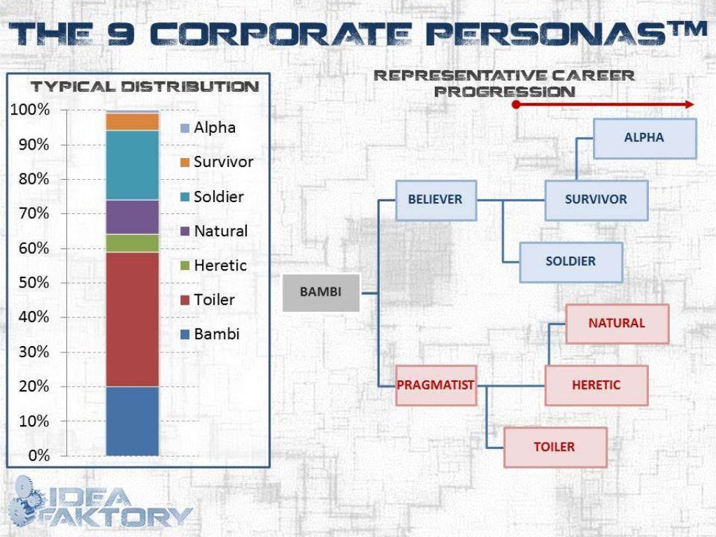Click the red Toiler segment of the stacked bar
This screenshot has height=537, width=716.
132,319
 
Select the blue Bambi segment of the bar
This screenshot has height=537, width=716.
132,421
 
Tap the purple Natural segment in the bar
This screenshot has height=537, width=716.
132,217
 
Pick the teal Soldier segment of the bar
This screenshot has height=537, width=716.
132,165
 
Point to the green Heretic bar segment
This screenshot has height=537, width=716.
132,243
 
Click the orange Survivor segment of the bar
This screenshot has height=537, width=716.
132,122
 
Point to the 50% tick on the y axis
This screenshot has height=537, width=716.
29,283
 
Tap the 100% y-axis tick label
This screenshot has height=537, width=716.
29,110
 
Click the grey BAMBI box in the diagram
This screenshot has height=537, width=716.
321,292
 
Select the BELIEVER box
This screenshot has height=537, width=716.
435,199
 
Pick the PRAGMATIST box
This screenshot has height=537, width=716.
436,385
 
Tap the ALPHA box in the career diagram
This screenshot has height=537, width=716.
644,138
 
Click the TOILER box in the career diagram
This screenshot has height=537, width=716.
554,447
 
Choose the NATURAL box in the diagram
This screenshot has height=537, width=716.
617,323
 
